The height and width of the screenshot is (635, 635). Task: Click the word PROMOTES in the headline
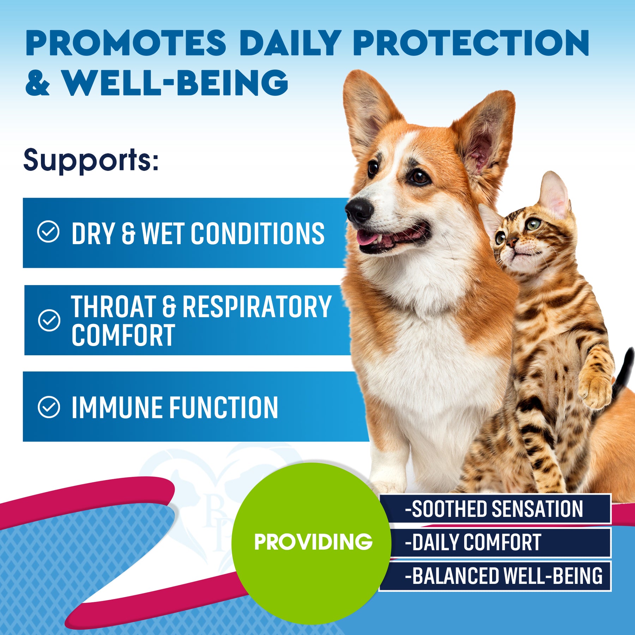[126, 43]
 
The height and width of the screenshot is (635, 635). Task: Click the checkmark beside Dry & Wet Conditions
[48, 232]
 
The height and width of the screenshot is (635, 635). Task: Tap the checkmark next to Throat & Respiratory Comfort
[49, 320]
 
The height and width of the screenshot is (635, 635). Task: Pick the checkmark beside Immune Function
[49, 407]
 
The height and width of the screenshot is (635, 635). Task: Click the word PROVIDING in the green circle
[313, 542]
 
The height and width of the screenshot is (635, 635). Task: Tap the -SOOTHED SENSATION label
[494, 509]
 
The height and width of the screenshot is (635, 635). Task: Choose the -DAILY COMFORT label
[473, 542]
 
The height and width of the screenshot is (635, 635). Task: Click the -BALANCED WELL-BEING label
[504, 576]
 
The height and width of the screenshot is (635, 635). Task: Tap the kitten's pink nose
[511, 241]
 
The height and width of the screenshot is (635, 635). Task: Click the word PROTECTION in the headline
[471, 43]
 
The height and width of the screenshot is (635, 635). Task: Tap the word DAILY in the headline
[290, 43]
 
